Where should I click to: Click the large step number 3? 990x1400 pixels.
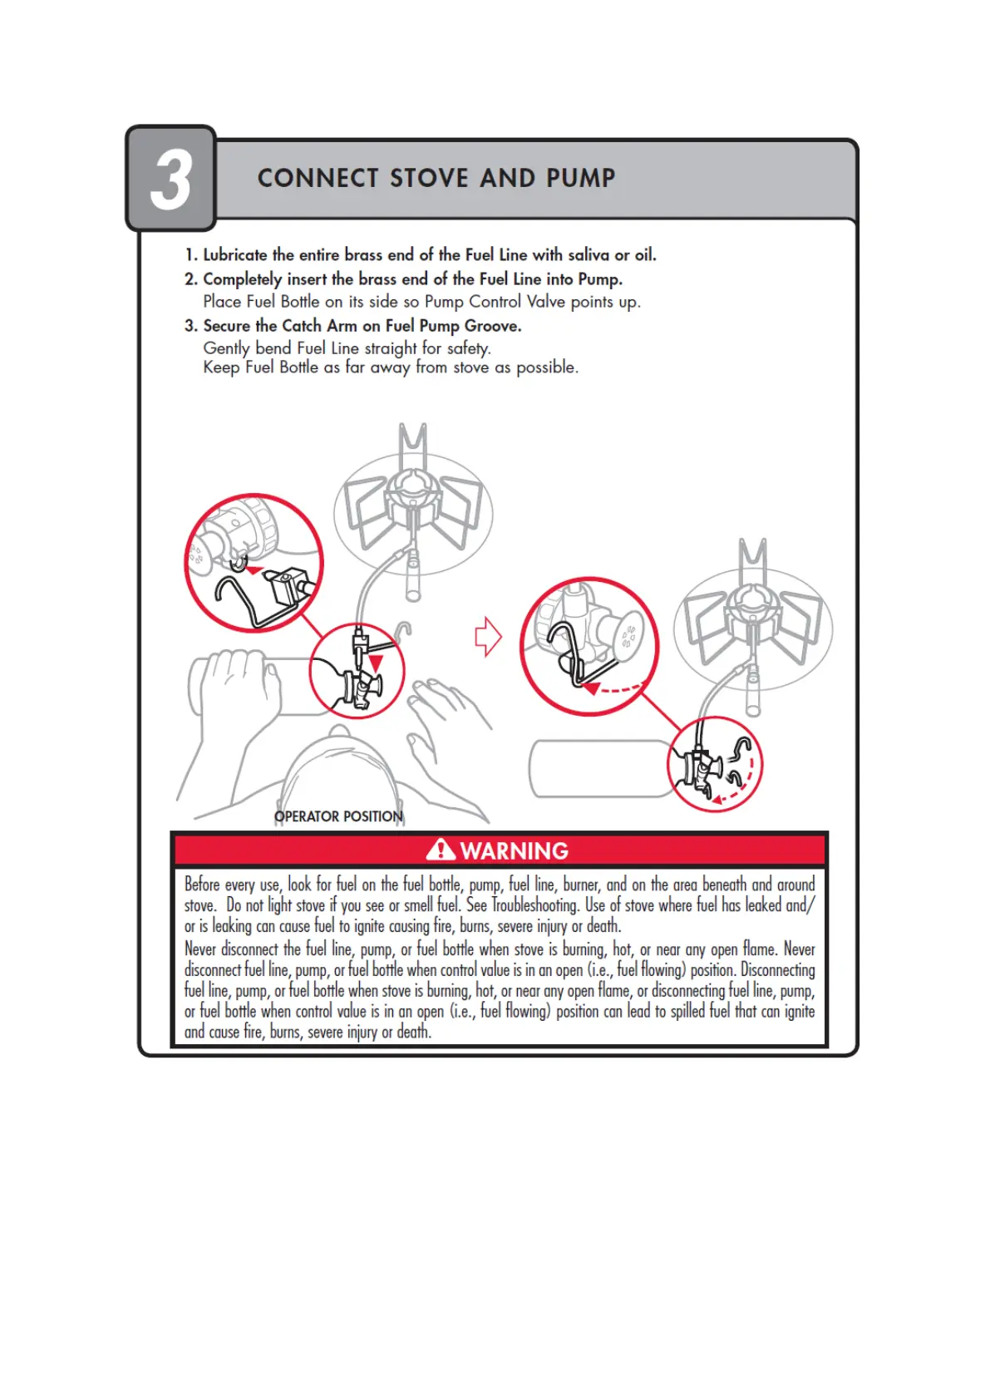171,179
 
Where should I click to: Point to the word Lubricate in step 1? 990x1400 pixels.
235,255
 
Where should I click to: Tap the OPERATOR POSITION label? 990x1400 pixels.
338,816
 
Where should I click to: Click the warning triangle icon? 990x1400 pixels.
440,850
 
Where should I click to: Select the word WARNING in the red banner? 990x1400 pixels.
515,850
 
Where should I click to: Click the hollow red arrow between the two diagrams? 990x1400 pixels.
488,637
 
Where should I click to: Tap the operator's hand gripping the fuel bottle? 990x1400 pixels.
236,682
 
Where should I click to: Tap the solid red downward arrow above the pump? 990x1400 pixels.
377,663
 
